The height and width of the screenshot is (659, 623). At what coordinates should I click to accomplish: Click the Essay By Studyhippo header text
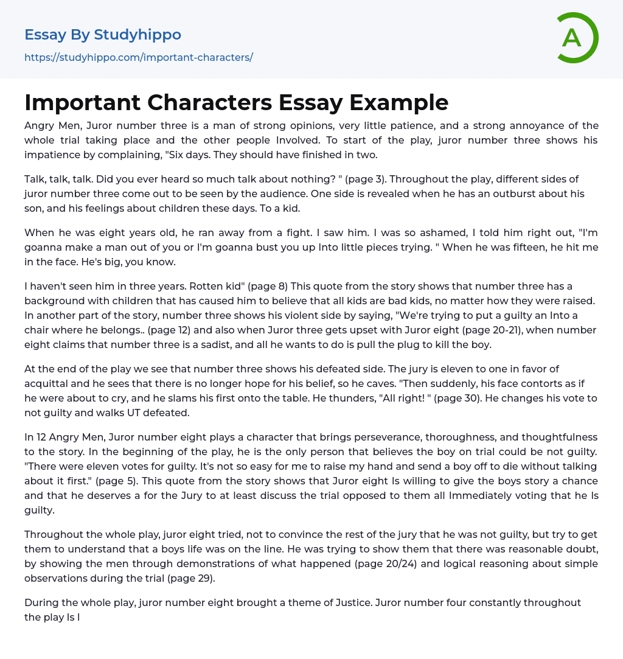tap(103, 35)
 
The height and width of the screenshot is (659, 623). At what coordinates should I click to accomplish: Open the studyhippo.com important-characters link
tap(139, 57)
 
